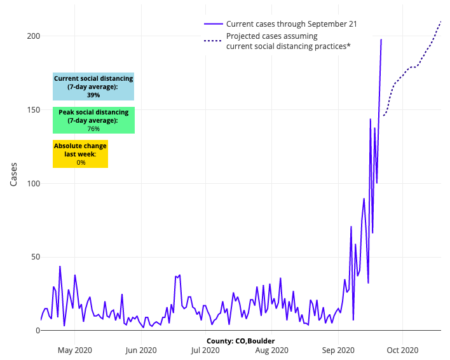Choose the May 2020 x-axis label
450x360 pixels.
(x=75, y=350)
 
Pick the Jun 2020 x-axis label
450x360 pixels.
(x=140, y=350)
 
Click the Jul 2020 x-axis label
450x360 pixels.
(x=205, y=350)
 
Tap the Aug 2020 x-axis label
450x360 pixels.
(x=271, y=350)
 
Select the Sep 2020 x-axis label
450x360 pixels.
(x=337, y=350)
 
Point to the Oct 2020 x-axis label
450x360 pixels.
(x=402, y=350)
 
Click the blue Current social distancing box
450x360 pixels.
(x=93, y=87)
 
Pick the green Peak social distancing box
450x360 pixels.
(x=93, y=120)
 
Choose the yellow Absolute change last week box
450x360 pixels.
(x=80, y=154)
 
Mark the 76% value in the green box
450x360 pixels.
(x=93, y=128)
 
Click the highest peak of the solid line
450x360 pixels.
(x=381, y=39)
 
